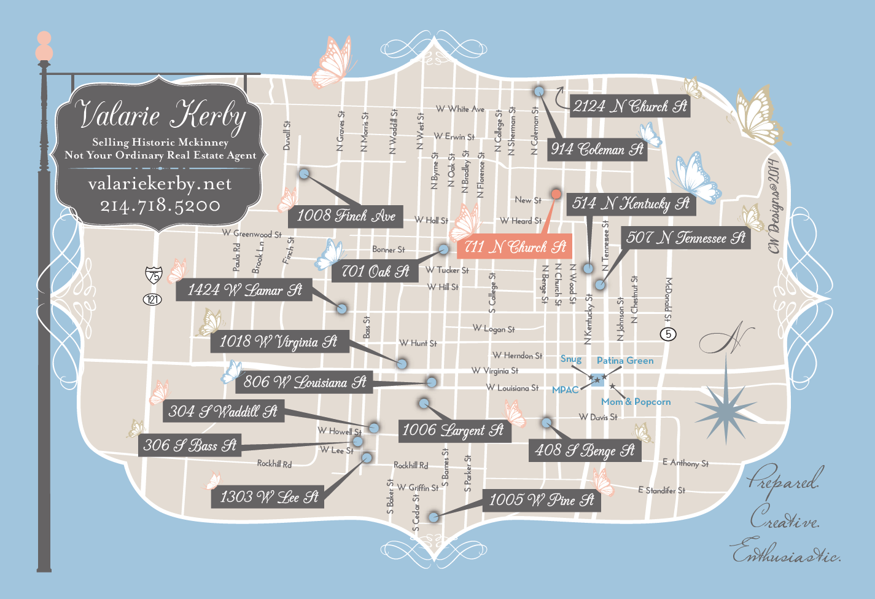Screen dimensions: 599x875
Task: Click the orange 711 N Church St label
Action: click(515, 247)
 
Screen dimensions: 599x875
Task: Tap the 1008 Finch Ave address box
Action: click(346, 216)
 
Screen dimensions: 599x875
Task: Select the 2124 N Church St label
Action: click(630, 106)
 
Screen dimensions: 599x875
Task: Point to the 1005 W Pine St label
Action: click(541, 500)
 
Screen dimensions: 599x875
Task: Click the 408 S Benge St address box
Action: click(585, 450)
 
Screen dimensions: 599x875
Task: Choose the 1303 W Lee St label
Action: click(269, 496)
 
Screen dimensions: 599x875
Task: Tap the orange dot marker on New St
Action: click(556, 194)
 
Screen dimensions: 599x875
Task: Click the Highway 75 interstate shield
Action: click(154, 275)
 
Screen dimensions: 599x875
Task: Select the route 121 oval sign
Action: click(152, 299)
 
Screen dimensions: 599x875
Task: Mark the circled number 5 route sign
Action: click(668, 334)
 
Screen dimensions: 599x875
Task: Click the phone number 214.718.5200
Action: click(160, 205)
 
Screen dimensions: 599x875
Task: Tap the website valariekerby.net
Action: click(160, 184)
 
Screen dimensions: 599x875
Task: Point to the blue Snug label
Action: click(571, 359)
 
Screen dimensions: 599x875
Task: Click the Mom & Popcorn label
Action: click(636, 402)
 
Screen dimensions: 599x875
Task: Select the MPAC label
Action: click(565, 390)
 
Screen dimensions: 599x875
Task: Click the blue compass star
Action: click(726, 404)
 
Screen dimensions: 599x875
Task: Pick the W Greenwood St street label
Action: click(252, 233)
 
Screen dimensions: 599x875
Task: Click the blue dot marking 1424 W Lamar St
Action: click(342, 308)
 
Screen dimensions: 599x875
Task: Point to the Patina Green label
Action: click(625, 361)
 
